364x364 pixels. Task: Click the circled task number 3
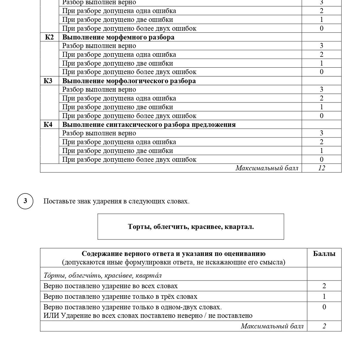25,201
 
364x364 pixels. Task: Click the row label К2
49,37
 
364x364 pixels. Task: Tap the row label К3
48,81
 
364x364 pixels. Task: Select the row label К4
48,125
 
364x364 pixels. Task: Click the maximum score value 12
321,168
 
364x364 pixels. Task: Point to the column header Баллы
324,254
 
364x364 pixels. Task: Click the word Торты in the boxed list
139,227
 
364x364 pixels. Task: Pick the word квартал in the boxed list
239,227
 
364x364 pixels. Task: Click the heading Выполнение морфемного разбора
118,37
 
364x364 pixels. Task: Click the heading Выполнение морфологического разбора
129,81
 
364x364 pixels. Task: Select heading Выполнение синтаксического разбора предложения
149,125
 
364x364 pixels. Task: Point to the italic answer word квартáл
148,275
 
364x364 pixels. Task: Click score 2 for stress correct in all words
324,286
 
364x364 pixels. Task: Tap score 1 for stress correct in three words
324,296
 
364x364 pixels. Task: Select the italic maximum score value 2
324,326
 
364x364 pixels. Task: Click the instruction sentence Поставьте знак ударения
116,201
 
